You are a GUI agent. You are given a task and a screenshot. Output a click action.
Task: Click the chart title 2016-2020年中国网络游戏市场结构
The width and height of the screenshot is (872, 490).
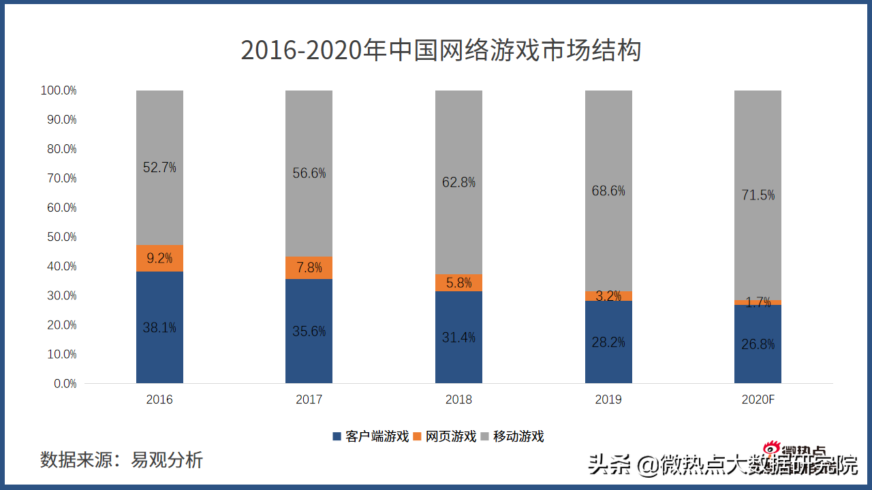pyautogui.click(x=441, y=51)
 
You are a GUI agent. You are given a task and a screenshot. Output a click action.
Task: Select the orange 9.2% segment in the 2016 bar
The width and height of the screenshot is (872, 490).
pyautogui.click(x=159, y=258)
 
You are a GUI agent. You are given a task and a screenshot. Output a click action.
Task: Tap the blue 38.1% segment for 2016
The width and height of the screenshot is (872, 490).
pyautogui.click(x=159, y=327)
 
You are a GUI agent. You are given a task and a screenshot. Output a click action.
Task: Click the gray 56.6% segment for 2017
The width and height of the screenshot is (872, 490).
pyautogui.click(x=309, y=173)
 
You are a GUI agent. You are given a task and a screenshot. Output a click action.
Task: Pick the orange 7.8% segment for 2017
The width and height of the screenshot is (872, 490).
pyautogui.click(x=309, y=267)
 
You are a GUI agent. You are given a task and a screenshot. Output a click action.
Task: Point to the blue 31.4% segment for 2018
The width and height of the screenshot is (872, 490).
pyautogui.click(x=458, y=337)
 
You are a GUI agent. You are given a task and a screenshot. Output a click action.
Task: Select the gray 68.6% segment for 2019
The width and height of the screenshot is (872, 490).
pyautogui.click(x=608, y=191)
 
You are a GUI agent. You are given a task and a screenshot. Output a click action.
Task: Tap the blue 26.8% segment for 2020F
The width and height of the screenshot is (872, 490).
pyautogui.click(x=758, y=344)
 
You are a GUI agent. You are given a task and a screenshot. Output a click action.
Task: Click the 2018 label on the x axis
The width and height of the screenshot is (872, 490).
pyautogui.click(x=458, y=399)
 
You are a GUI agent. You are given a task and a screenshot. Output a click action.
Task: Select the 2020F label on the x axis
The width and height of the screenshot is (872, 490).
pyautogui.click(x=758, y=399)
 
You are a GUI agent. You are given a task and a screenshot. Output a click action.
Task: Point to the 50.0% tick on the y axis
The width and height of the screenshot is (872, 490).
pyautogui.click(x=59, y=237)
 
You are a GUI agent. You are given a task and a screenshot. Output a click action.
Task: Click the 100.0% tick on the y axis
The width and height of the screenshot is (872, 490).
pyautogui.click(x=59, y=91)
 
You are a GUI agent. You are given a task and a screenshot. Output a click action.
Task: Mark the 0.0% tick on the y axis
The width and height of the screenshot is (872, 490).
pyautogui.click(x=65, y=384)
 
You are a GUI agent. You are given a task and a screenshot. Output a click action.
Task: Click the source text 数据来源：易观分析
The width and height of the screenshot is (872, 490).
pyautogui.click(x=121, y=459)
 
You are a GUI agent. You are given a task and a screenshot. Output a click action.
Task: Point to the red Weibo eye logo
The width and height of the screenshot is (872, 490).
pyautogui.click(x=771, y=449)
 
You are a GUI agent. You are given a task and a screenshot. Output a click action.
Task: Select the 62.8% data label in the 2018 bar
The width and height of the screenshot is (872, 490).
pyautogui.click(x=458, y=182)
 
